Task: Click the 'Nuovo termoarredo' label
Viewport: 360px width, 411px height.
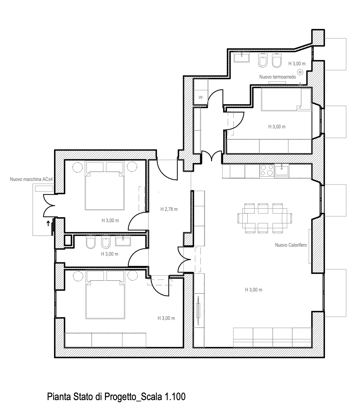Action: pos(278,77)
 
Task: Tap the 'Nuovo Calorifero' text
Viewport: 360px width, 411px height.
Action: pos(291,245)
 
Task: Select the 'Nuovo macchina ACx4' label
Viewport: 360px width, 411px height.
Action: pos(31,179)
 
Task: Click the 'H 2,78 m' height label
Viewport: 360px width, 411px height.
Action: pos(169,209)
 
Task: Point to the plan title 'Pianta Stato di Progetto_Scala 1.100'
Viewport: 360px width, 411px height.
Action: pos(116,396)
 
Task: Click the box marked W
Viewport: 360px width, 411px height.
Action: pos(201,98)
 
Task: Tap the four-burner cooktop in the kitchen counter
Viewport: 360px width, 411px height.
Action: pos(267,170)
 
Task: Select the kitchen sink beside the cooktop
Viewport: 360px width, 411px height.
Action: pos(282,170)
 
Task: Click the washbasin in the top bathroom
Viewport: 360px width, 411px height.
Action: pos(242,57)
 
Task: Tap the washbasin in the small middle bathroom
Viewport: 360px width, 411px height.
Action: pos(123,241)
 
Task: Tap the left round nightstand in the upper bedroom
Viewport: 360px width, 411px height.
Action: pos(77,167)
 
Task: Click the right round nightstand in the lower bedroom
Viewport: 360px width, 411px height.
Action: pos(133,276)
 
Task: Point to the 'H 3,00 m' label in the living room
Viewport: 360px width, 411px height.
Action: pos(253,290)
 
